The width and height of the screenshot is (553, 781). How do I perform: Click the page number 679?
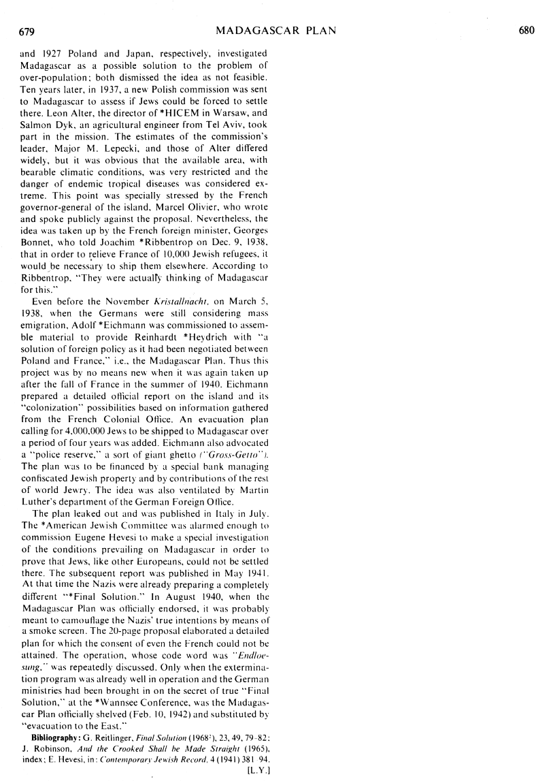coord(27,30)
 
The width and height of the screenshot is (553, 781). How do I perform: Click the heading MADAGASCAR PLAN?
coord(275,30)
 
